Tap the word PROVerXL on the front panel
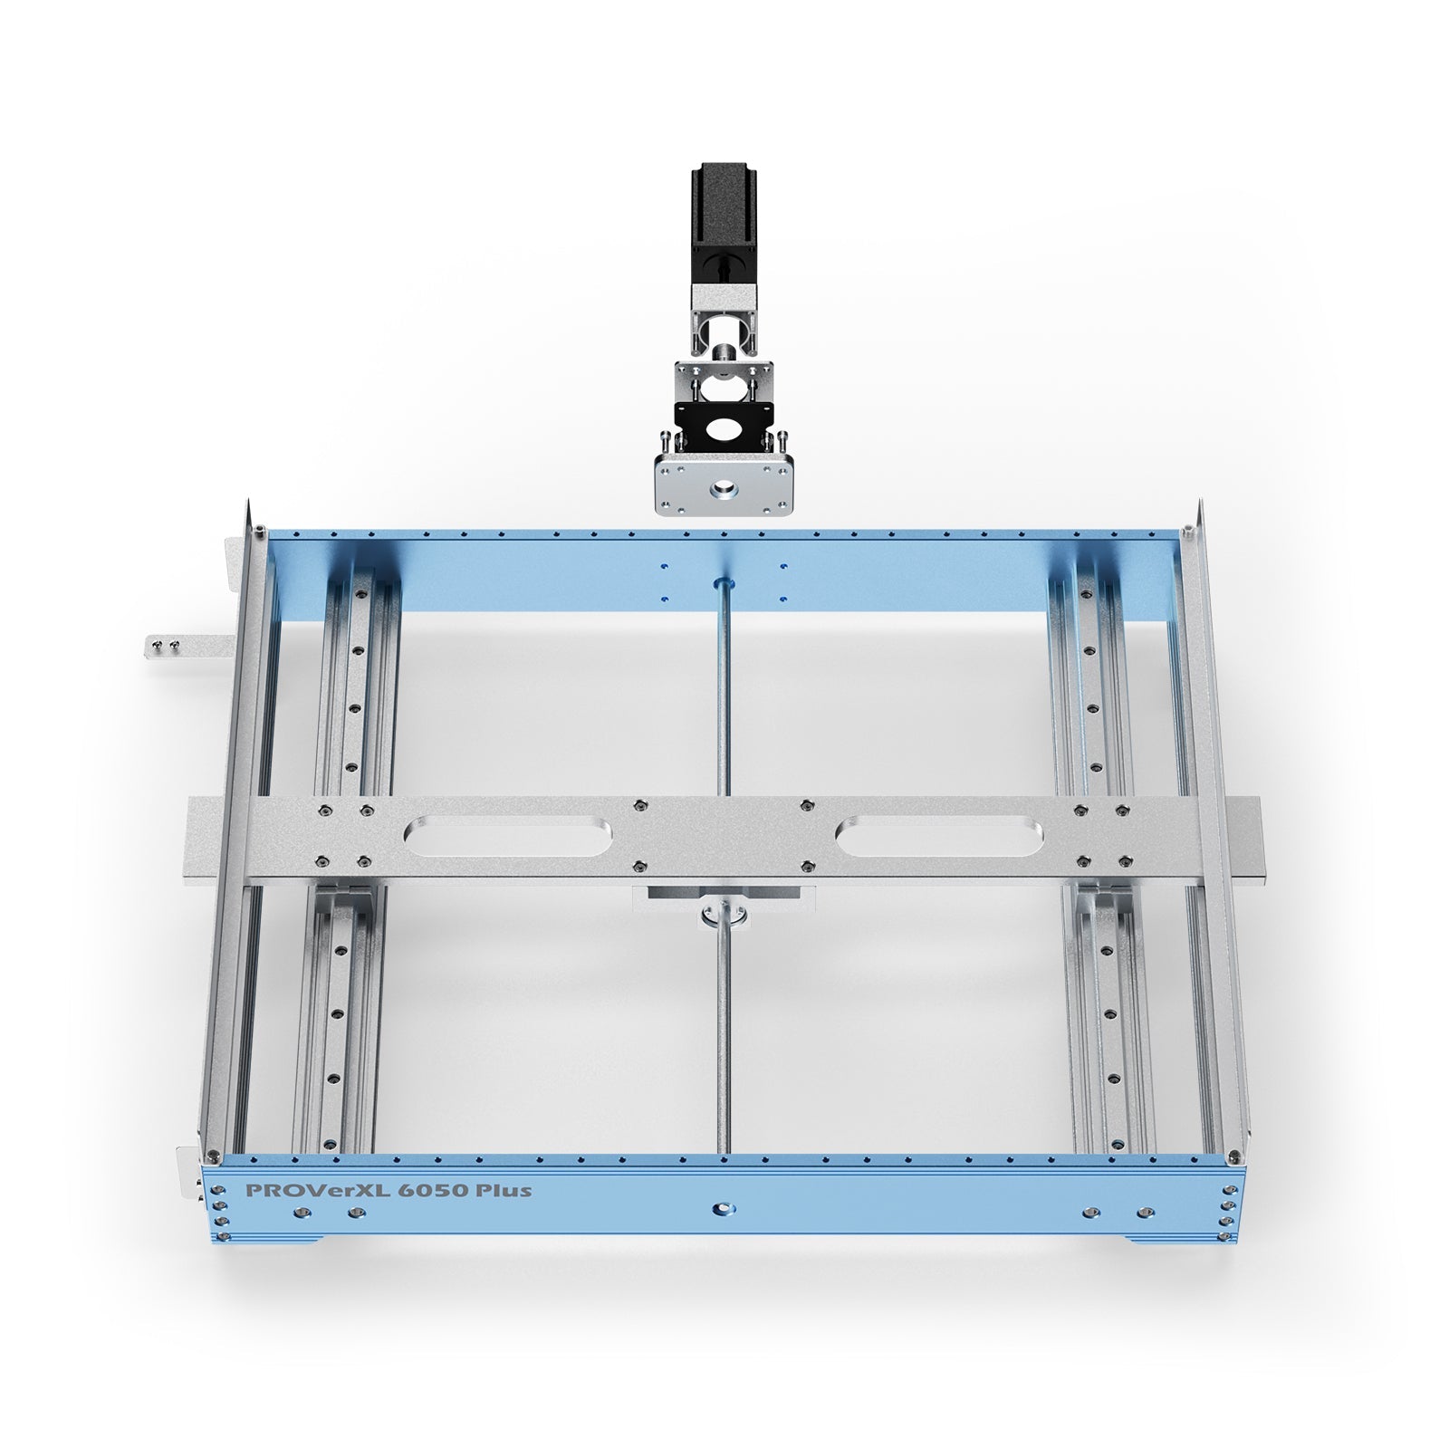pos(303,1189)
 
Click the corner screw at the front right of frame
pos(1233,1156)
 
